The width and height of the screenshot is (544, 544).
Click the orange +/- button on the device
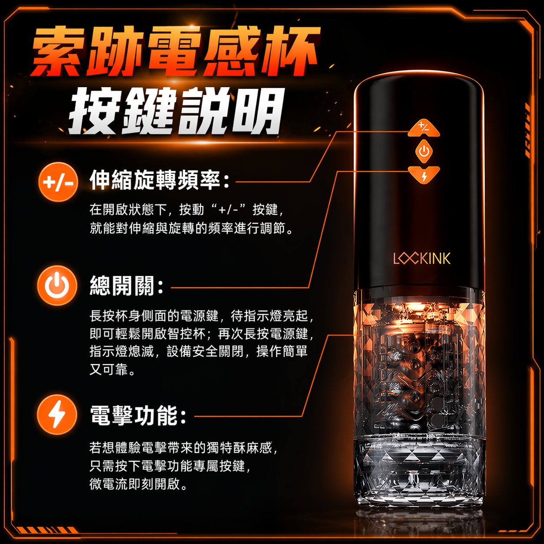tap(424, 128)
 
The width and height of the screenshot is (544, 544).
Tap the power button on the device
tap(424, 151)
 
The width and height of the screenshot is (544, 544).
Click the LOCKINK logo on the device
tap(422, 258)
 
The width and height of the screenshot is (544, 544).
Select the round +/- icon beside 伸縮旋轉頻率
tap(58, 182)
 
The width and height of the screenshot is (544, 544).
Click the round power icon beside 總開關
tap(57, 285)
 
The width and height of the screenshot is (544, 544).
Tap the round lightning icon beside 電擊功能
tap(57, 415)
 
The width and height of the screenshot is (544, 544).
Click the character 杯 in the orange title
tap(291, 51)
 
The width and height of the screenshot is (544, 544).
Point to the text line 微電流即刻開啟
tap(138, 485)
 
